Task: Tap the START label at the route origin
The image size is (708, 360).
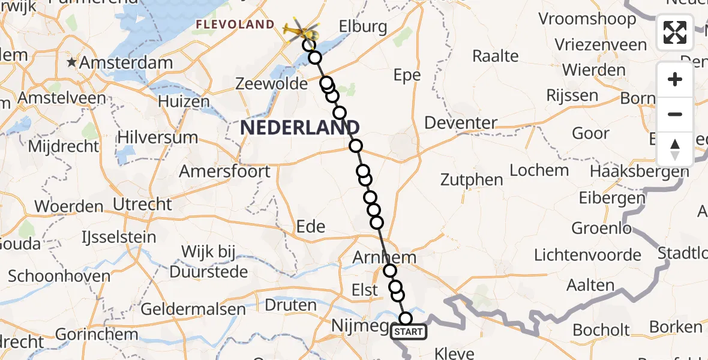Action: click(409, 332)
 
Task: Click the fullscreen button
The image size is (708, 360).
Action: click(675, 32)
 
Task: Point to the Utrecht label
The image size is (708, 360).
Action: click(143, 204)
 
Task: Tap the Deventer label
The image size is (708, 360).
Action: click(461, 124)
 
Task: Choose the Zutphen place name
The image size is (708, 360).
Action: click(472, 179)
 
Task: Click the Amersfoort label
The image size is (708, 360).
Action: click(225, 172)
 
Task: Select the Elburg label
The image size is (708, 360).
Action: click(362, 27)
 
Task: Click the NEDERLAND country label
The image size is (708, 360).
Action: click(300, 127)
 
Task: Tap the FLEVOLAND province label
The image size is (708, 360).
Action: click(235, 25)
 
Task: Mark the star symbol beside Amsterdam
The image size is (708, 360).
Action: click(73, 62)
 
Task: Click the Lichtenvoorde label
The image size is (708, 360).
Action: click(587, 255)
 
